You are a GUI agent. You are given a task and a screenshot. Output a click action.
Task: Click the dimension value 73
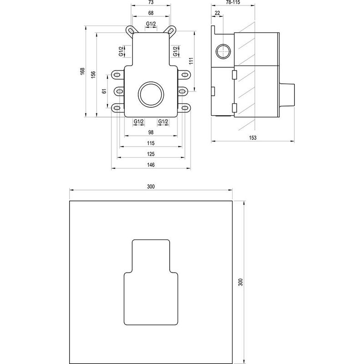pyautogui.click(x=150, y=2)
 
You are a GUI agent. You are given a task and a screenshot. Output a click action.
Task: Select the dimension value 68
pyautogui.click(x=150, y=13)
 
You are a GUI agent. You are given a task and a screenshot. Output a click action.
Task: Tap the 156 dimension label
pyautogui.click(x=93, y=74)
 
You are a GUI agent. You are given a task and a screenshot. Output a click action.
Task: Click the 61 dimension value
pyautogui.click(x=104, y=91)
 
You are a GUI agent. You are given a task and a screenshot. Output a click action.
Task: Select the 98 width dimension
pyautogui.click(x=151, y=132)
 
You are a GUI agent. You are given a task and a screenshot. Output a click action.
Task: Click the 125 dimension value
pyautogui.click(x=151, y=154)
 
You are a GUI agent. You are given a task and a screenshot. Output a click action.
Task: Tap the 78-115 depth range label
pyautogui.click(x=226, y=2)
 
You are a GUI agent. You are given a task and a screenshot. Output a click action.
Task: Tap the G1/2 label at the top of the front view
pyautogui.click(x=151, y=24)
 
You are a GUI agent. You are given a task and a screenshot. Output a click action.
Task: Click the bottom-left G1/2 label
pyautogui.click(x=138, y=121)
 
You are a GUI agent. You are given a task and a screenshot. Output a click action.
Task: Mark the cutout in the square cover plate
pyautogui.click(x=151, y=282)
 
